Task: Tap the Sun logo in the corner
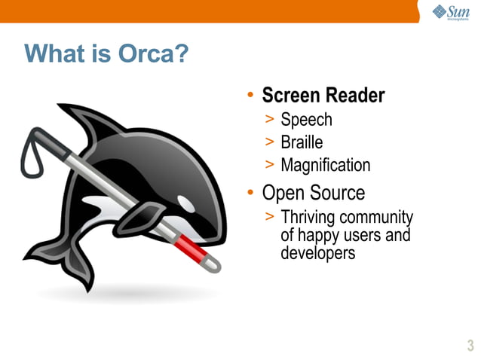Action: click(451, 11)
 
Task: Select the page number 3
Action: click(470, 346)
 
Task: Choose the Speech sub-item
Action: click(306, 120)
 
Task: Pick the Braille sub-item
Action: click(302, 142)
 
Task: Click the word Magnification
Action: click(326, 165)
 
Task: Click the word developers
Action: click(317, 253)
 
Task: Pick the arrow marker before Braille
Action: click(270, 142)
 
